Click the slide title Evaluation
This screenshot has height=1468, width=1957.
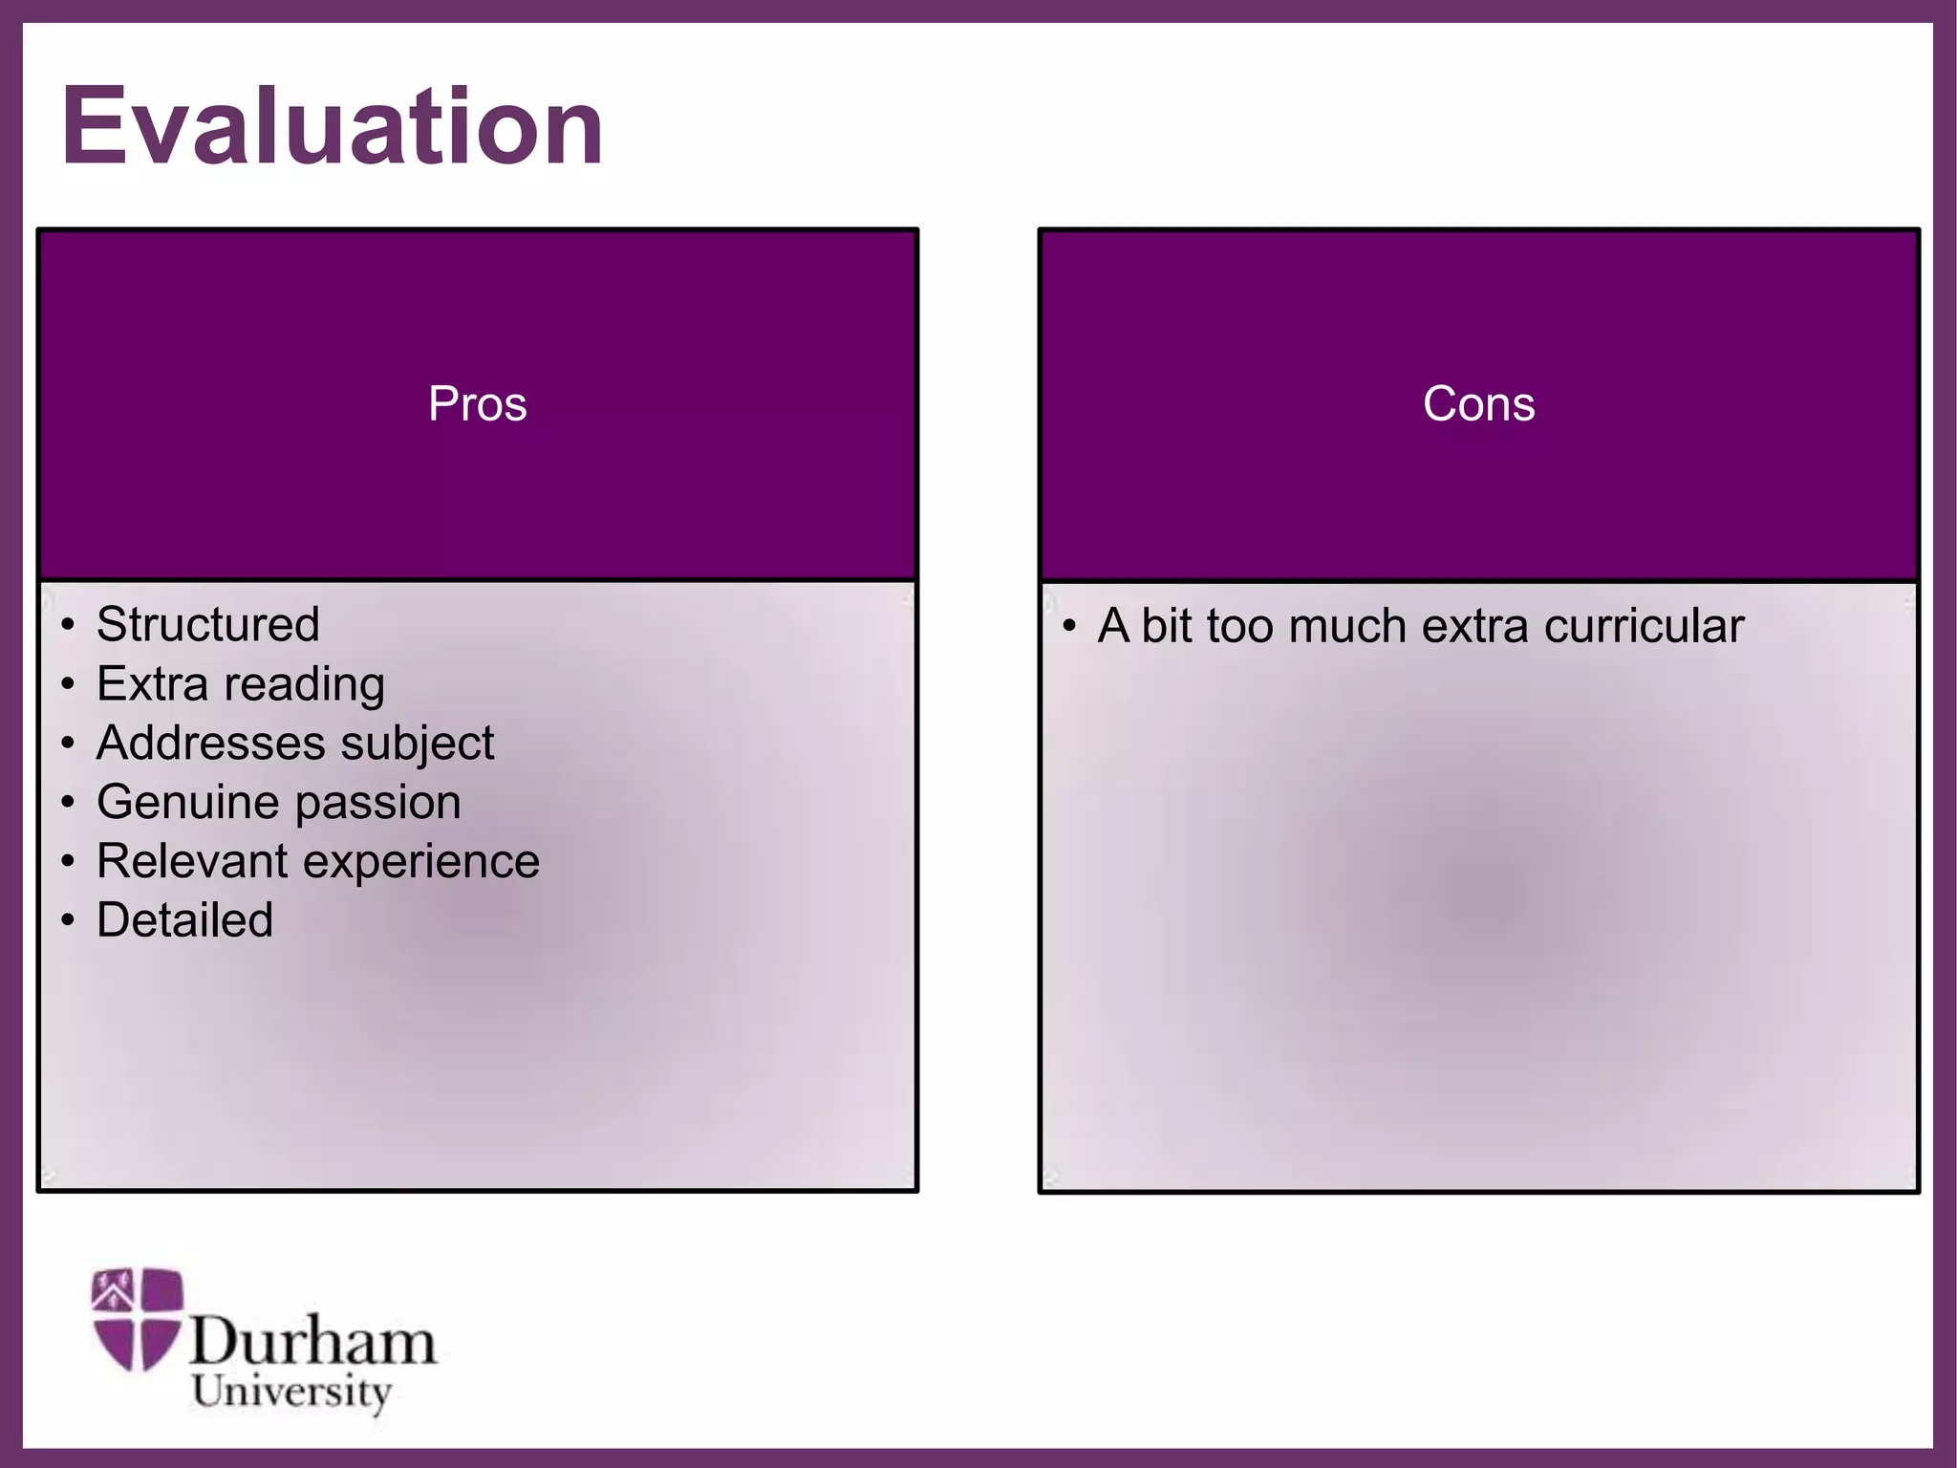(x=333, y=127)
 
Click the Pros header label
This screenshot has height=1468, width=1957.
(x=477, y=403)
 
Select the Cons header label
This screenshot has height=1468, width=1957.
(x=1478, y=403)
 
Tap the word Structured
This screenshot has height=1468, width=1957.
(x=208, y=625)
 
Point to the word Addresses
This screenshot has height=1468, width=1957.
(x=208, y=744)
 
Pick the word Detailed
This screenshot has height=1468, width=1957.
(x=185, y=920)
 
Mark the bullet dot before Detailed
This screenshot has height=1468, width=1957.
(x=67, y=921)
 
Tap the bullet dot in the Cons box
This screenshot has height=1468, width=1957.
(x=1069, y=628)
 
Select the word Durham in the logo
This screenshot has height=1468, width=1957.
(x=312, y=1342)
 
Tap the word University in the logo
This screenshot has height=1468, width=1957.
(x=291, y=1392)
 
